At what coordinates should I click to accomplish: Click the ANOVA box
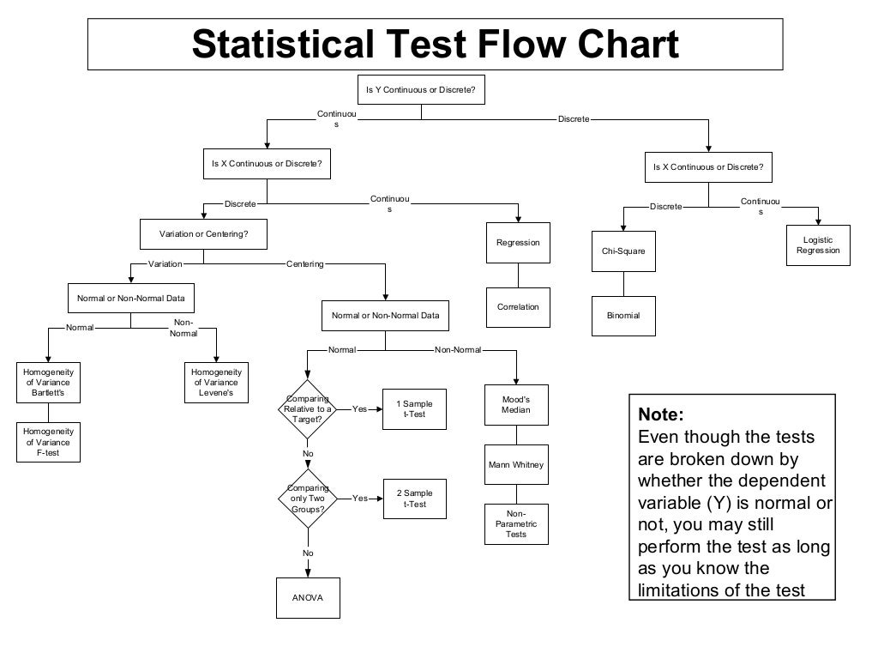pyautogui.click(x=308, y=597)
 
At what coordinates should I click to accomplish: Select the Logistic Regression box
pyautogui.click(x=818, y=245)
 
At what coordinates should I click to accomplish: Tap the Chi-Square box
pyautogui.click(x=623, y=251)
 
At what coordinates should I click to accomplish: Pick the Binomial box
pyautogui.click(x=623, y=316)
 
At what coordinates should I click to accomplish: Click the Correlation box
pyautogui.click(x=518, y=307)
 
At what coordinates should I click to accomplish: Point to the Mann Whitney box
pyautogui.click(x=516, y=465)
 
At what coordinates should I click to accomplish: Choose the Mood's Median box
pyautogui.click(x=516, y=404)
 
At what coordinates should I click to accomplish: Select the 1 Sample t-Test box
pyautogui.click(x=415, y=409)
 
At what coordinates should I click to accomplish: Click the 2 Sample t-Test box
pyautogui.click(x=415, y=499)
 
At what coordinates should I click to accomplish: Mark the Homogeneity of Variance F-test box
pyautogui.click(x=48, y=442)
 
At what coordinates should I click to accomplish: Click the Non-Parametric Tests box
pyautogui.click(x=516, y=523)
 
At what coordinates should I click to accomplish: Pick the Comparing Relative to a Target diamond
pyautogui.click(x=308, y=409)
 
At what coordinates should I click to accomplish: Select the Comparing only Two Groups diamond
pyautogui.click(x=308, y=499)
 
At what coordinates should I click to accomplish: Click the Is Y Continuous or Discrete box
pyautogui.click(x=421, y=89)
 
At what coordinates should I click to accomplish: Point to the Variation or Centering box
pyautogui.click(x=203, y=233)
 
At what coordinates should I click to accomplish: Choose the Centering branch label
pyautogui.click(x=305, y=264)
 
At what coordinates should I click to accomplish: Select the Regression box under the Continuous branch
pyautogui.click(x=518, y=243)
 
